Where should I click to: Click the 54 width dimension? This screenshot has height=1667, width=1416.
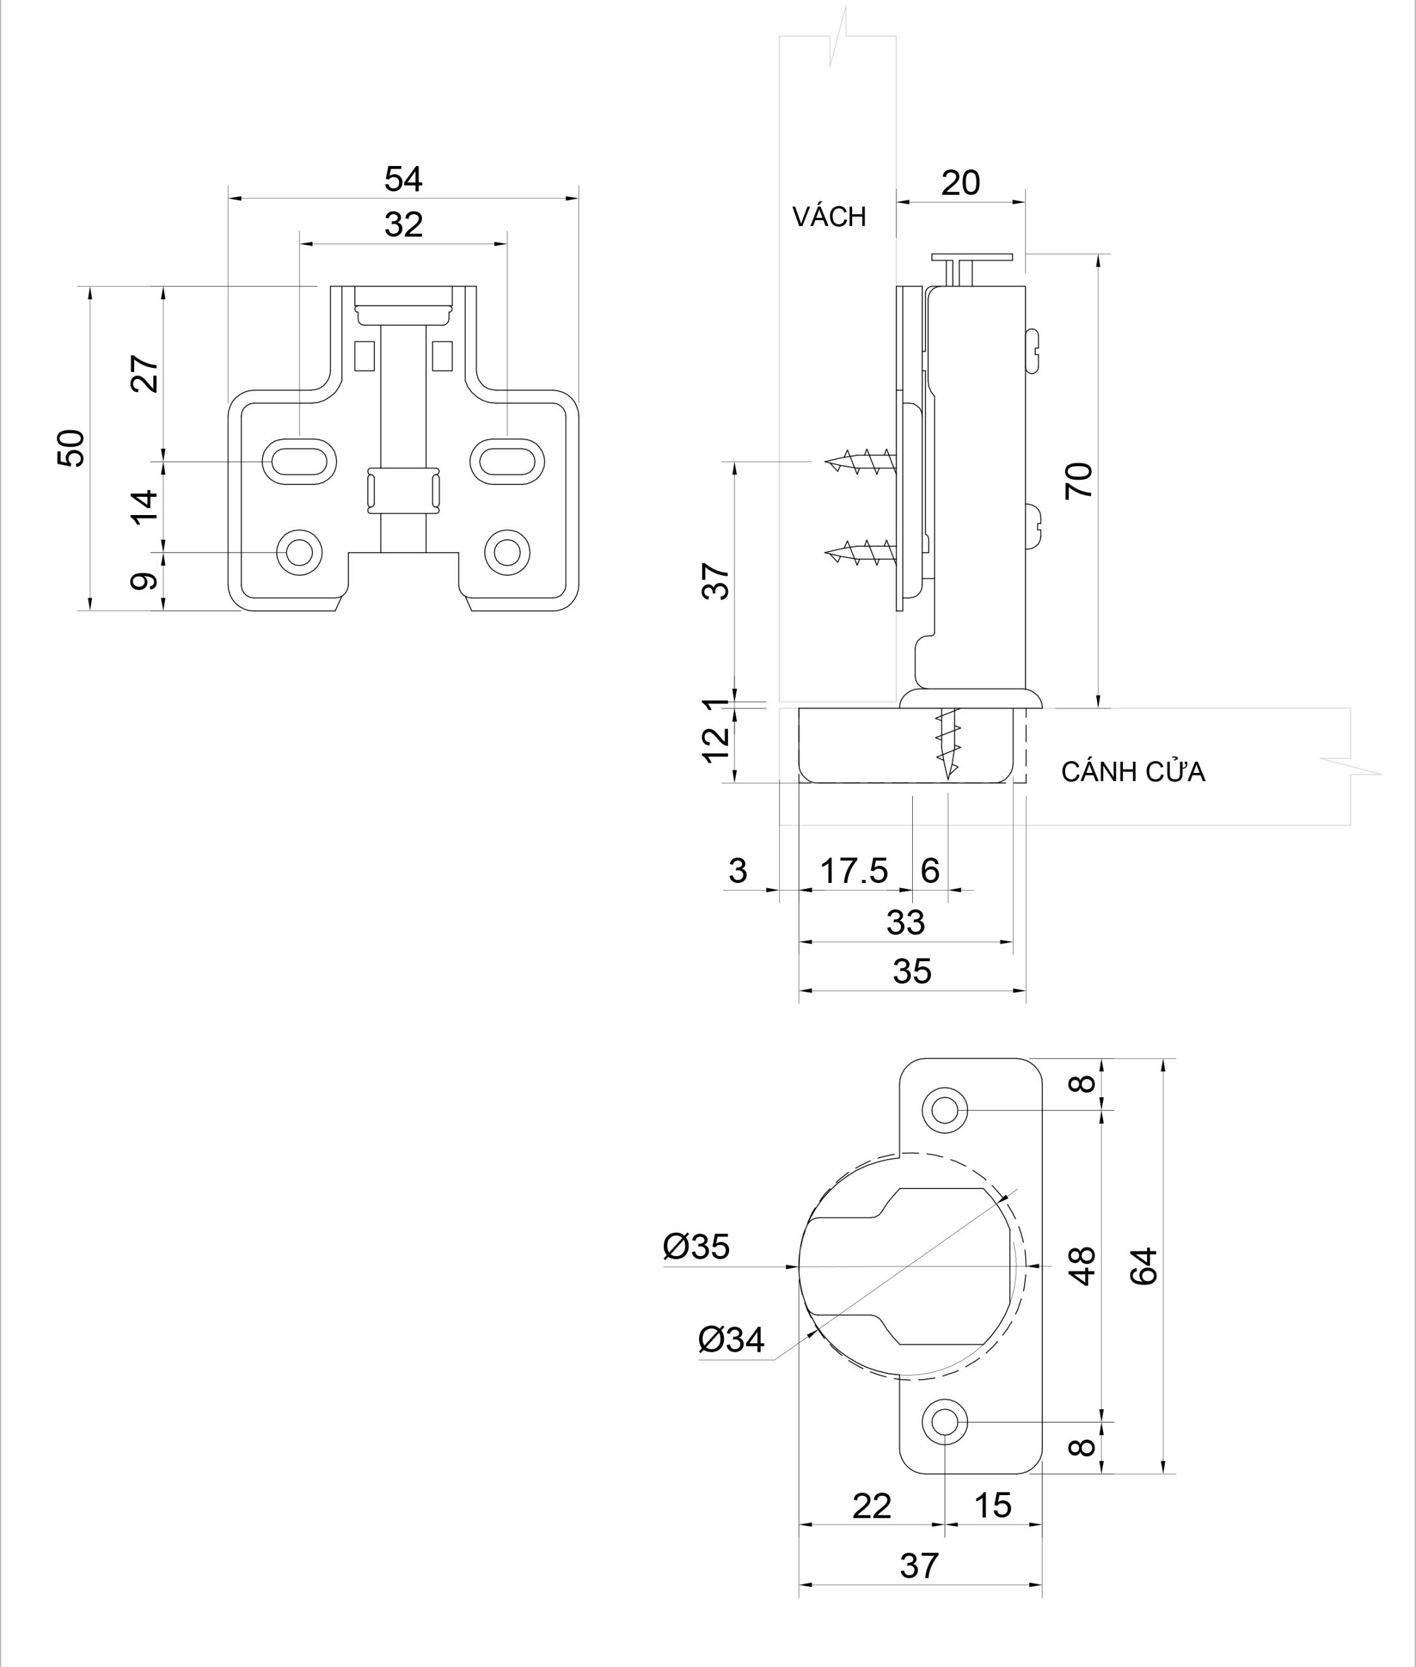coord(403,179)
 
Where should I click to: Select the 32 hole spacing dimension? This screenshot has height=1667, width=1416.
coord(403,225)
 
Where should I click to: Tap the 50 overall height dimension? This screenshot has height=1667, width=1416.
coord(71,447)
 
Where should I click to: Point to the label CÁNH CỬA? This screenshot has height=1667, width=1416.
coord(1133,772)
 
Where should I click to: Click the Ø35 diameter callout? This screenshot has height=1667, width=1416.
coord(696,1247)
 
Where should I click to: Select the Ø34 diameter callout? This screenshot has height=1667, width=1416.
coord(730,1339)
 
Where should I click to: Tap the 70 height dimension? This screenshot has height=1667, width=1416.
coord(1078,480)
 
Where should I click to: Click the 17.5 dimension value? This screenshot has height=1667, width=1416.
coord(854,871)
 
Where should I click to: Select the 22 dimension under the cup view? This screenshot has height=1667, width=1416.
coord(872,1506)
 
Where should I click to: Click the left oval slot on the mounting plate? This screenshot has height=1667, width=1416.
coord(299,462)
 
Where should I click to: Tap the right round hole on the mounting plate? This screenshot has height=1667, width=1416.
coord(507,552)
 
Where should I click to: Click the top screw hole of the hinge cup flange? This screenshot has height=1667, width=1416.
coord(945,1110)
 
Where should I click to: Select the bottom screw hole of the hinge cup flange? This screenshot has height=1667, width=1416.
coord(945,1422)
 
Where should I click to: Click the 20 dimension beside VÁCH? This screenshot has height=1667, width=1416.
coord(960,183)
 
